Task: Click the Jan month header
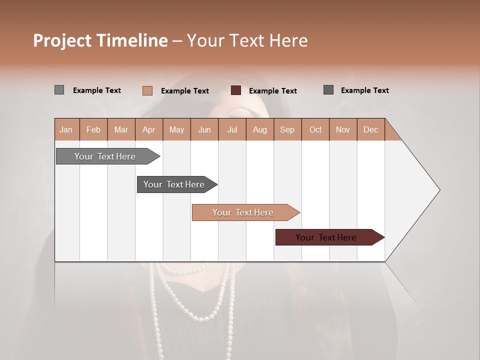(x=66, y=129)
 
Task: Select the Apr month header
(x=149, y=129)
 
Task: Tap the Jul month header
(x=232, y=129)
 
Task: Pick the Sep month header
(x=287, y=129)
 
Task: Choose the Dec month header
(x=370, y=129)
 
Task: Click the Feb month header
(x=93, y=129)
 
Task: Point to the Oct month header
(x=315, y=129)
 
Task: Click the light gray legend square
(x=59, y=90)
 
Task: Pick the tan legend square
(x=147, y=90)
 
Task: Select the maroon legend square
(x=236, y=90)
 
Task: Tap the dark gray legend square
(x=328, y=90)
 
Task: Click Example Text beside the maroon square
(x=272, y=91)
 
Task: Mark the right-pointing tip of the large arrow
(x=439, y=190)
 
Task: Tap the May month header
(x=176, y=129)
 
